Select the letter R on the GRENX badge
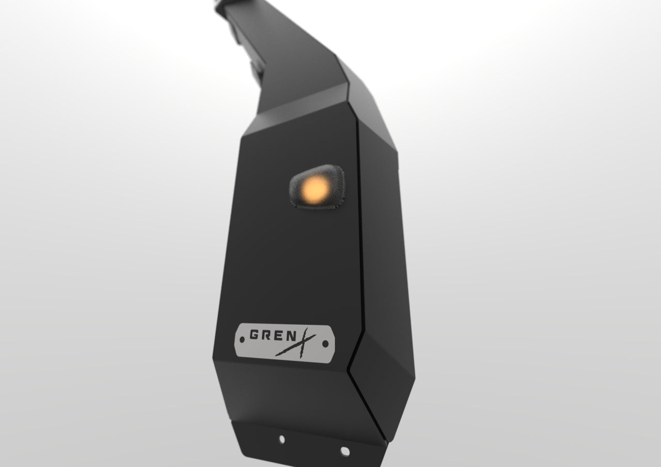click(x=266, y=335)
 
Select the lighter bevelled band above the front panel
click(x=294, y=111)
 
